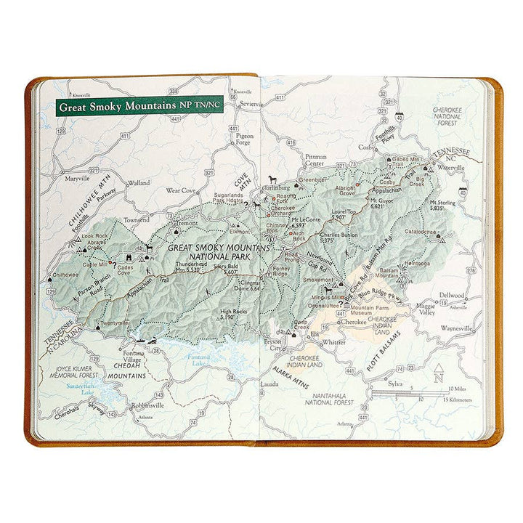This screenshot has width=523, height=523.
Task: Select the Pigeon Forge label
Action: click(x=244, y=139)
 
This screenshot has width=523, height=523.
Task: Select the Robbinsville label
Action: click(x=147, y=405)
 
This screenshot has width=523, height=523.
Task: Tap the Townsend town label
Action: click(x=136, y=219)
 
